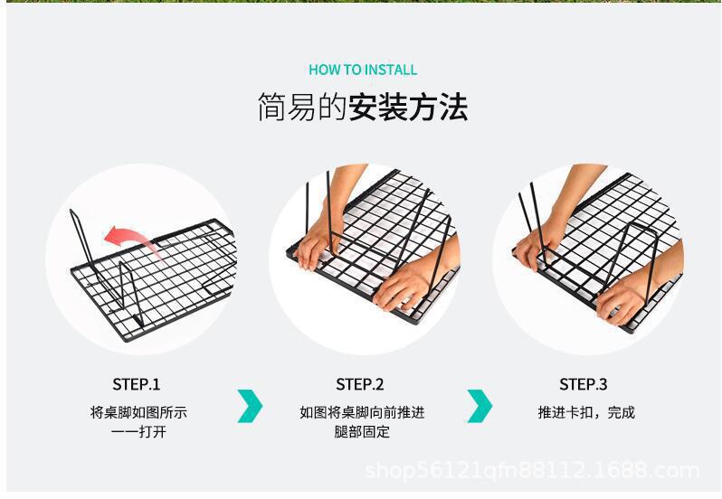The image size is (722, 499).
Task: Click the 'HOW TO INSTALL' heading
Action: point(363,70)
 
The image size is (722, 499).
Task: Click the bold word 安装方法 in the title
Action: point(408,108)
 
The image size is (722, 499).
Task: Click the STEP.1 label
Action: point(137,384)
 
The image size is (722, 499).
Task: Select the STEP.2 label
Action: point(360,384)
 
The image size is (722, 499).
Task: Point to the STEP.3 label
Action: point(584,384)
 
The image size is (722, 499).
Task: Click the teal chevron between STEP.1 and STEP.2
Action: point(250,406)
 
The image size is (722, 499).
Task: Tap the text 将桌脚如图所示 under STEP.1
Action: point(138,412)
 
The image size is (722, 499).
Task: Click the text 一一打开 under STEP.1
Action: point(138,432)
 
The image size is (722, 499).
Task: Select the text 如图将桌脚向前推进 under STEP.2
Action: point(362,412)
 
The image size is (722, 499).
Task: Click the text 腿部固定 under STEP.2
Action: point(362,432)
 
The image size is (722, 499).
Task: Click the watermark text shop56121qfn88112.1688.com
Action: point(532,471)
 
